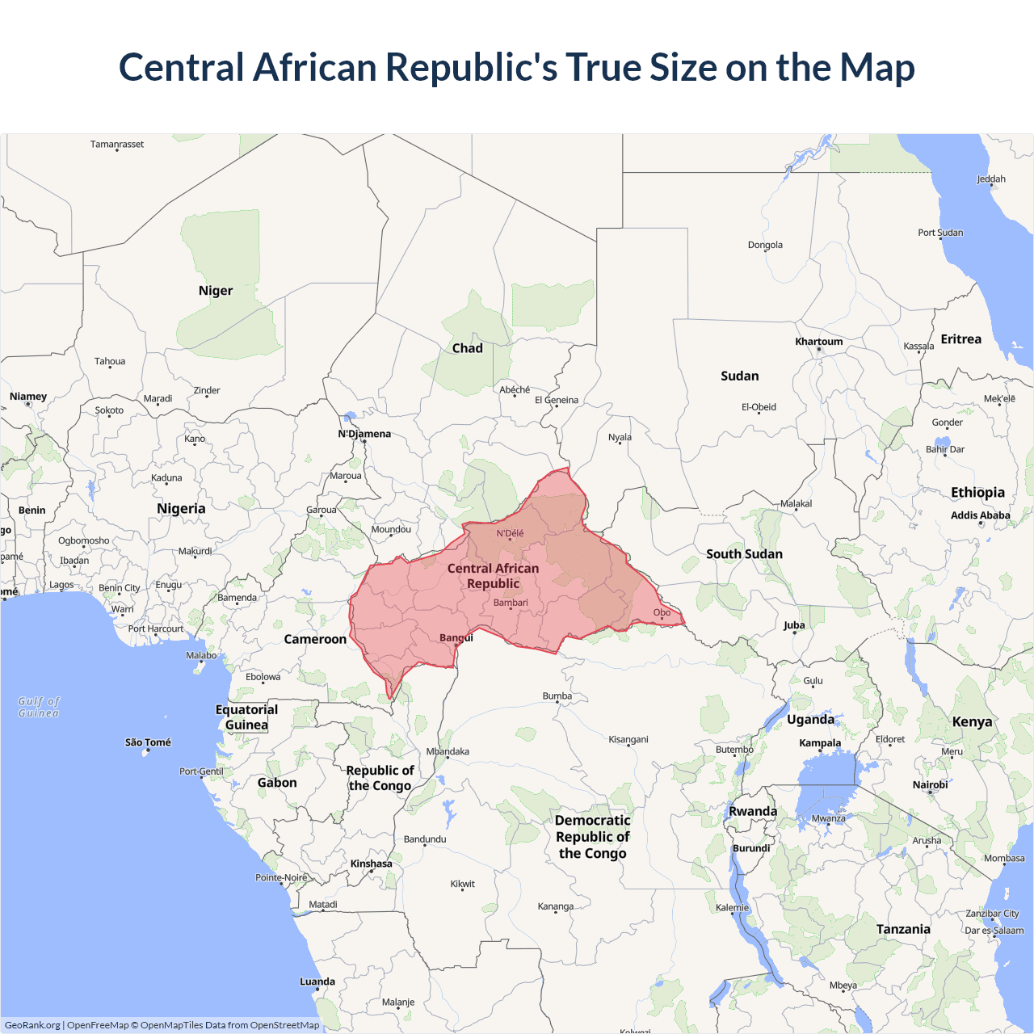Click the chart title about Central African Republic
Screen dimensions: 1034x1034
(517, 67)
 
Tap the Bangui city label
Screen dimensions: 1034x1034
(456, 637)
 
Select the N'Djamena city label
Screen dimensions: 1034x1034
(364, 434)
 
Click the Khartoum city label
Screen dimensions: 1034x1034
(818, 342)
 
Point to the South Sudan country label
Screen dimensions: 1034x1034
(744, 554)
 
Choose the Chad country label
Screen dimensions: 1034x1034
(467, 348)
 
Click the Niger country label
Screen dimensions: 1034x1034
(216, 291)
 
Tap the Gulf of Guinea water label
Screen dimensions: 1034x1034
(39, 707)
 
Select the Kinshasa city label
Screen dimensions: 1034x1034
(371, 864)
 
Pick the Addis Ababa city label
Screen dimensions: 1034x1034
(980, 515)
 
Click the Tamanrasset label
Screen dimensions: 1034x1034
(117, 145)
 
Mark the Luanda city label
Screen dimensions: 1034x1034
(317, 981)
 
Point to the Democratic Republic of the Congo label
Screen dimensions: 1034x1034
(592, 837)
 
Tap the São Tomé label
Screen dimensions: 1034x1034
(148, 742)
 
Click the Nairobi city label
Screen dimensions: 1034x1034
(930, 784)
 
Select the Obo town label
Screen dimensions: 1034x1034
(662, 612)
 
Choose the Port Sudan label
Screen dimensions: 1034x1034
(940, 233)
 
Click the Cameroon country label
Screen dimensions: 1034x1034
(315, 639)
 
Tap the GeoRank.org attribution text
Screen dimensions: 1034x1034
(32, 1025)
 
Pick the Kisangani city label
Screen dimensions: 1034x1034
(628, 739)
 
